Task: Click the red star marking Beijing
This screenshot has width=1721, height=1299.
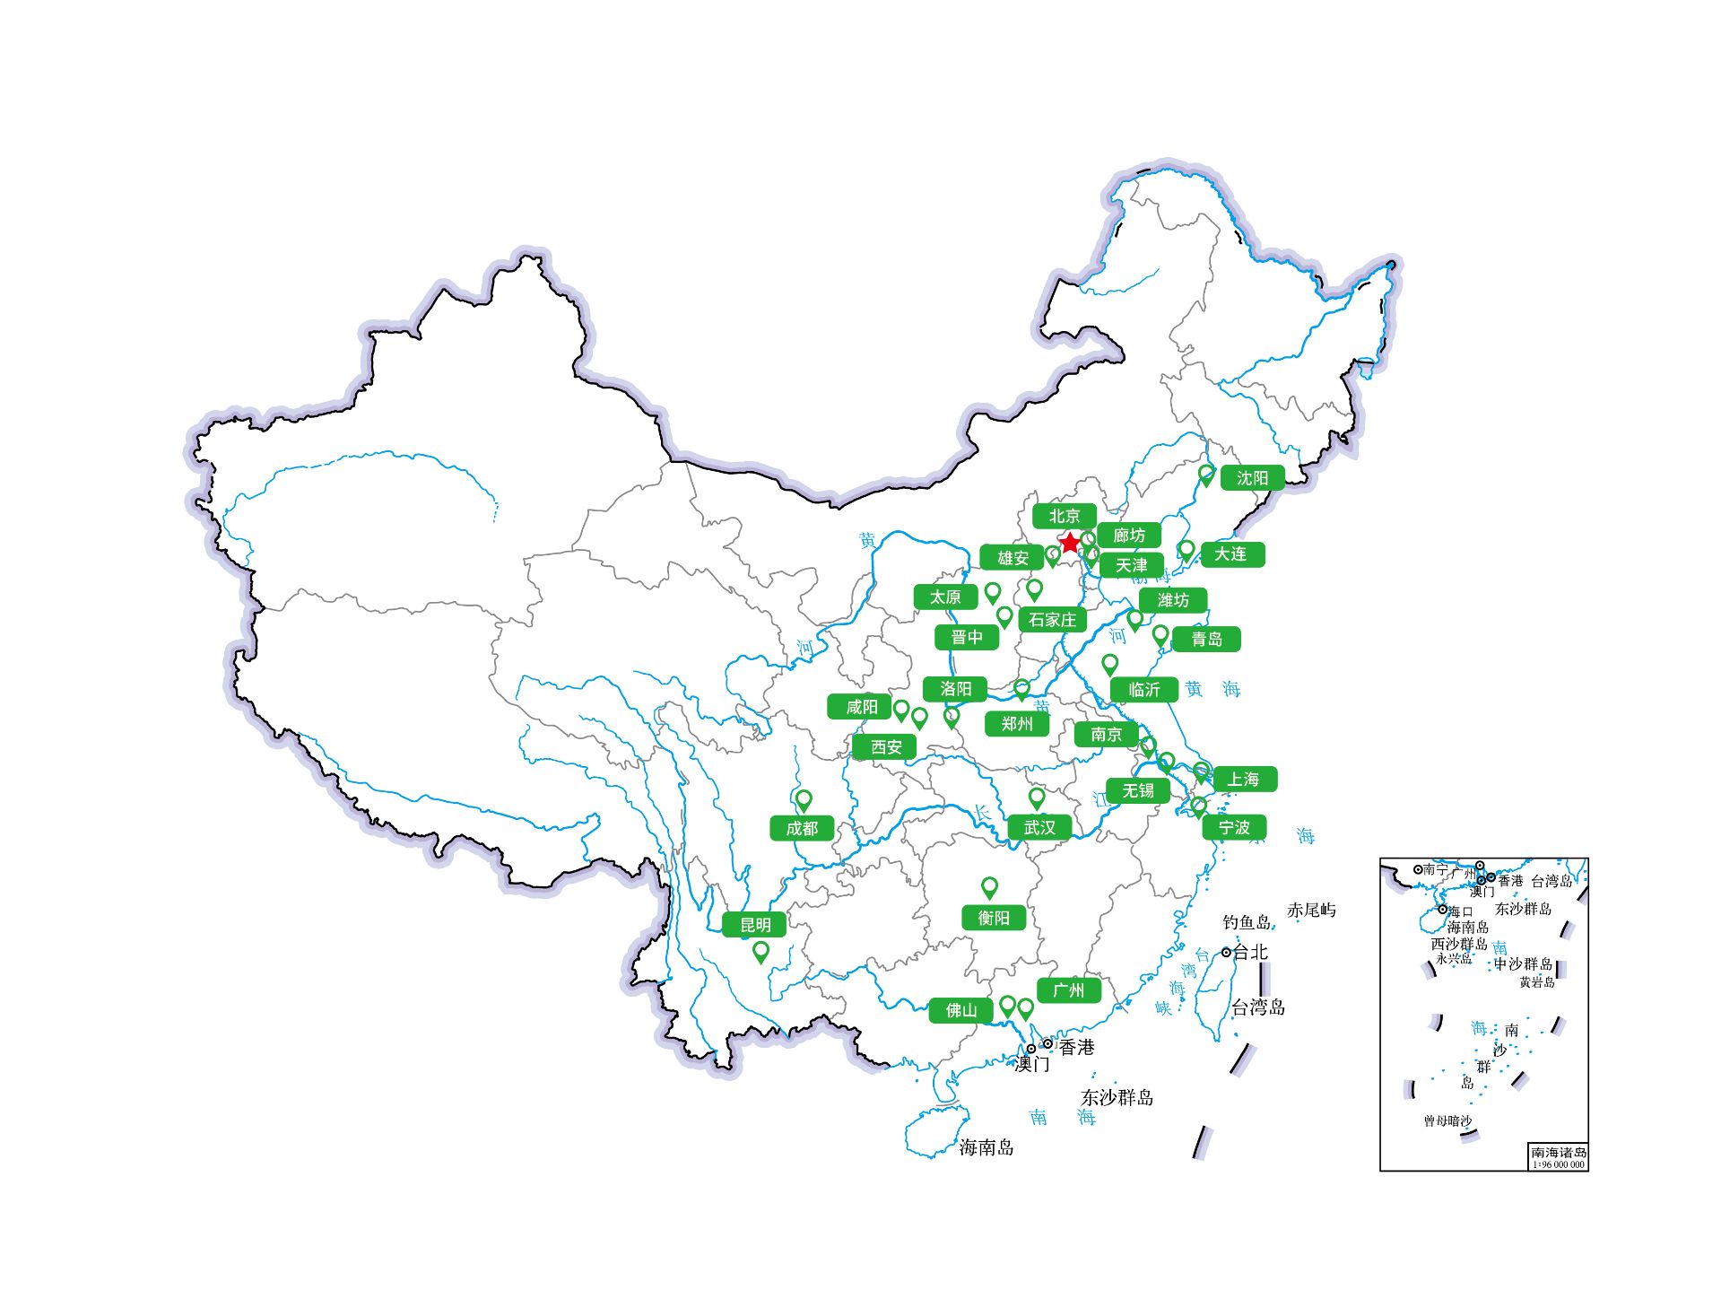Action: click(1070, 543)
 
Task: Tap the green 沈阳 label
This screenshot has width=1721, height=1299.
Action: click(1252, 478)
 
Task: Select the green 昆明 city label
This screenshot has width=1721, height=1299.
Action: click(754, 924)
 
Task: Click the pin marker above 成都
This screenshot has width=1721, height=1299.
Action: click(804, 799)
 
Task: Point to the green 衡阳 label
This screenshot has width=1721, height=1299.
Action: click(993, 918)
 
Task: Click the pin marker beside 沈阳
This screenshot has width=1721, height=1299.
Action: click(1206, 474)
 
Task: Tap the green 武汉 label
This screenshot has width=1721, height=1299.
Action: click(1039, 827)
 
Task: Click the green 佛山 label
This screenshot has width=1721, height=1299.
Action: click(960, 1010)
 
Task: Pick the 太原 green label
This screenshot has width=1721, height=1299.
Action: click(944, 597)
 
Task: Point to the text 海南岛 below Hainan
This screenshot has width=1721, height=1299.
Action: click(987, 1147)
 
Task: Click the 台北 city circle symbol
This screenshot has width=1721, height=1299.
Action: click(1226, 953)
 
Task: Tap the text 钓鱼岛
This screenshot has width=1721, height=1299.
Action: click(1247, 922)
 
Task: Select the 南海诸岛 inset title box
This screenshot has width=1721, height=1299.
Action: click(1558, 1156)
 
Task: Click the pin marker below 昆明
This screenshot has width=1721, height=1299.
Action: click(761, 950)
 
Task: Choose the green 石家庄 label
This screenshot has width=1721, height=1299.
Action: click(1052, 620)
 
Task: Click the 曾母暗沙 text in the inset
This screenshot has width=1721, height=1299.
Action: click(1447, 1121)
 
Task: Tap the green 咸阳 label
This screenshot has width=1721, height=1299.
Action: click(861, 707)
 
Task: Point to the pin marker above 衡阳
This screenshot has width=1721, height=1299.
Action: click(989, 886)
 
